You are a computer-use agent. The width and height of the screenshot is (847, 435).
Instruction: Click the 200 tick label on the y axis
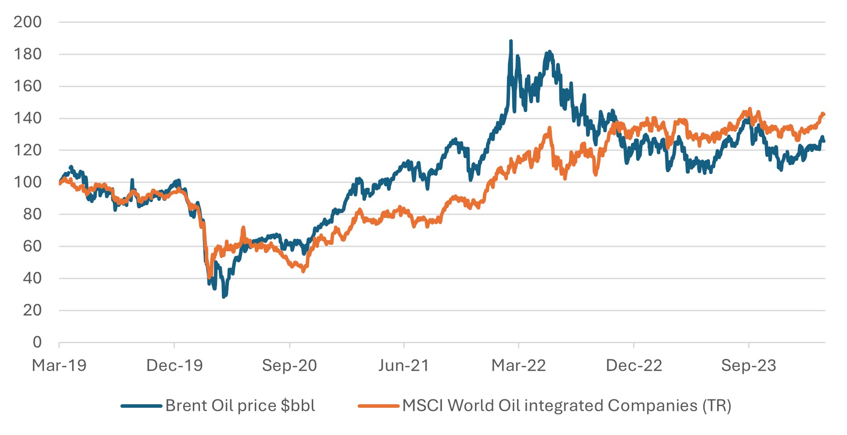tap(27, 22)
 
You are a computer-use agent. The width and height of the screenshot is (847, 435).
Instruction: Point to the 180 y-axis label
tap(27, 54)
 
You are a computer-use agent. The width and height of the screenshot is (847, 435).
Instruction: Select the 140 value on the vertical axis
tap(27, 118)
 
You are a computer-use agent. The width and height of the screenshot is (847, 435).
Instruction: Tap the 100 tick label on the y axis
tap(27, 182)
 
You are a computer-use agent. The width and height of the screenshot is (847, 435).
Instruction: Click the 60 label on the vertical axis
tap(32, 246)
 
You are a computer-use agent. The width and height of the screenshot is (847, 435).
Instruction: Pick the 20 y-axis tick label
tap(32, 310)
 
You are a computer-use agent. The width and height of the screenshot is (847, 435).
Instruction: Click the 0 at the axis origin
tap(37, 342)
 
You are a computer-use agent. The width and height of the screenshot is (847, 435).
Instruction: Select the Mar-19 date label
tap(59, 366)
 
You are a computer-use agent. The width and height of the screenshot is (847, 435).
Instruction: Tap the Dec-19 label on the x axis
tap(174, 366)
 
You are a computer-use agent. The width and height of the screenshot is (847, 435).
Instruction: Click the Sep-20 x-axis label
tap(290, 366)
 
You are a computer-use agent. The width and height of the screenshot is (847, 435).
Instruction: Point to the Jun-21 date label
tap(404, 366)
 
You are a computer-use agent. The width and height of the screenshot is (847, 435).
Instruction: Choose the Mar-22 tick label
tap(518, 366)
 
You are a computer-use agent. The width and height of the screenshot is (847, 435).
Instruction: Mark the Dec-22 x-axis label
tap(633, 366)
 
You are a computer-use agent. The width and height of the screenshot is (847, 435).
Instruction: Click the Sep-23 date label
tap(749, 366)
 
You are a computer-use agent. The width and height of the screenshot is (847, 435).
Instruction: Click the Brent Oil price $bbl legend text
tap(240, 406)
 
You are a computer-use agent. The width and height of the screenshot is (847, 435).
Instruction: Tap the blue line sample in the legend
tap(141, 406)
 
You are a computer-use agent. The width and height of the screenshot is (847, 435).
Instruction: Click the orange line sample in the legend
tap(379, 406)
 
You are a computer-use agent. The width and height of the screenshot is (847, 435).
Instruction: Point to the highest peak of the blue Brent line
tap(510, 41)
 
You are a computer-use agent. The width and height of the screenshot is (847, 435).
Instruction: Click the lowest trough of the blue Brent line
tap(224, 297)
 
